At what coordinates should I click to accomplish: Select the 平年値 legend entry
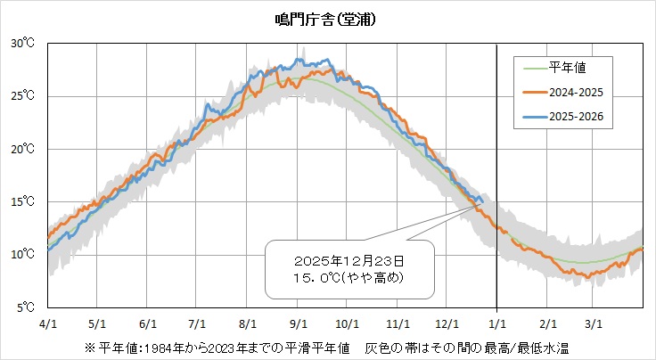(567, 67)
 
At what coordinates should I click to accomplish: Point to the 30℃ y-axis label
(23, 43)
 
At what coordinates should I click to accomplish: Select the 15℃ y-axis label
(23, 202)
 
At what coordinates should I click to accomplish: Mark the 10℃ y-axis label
(23, 255)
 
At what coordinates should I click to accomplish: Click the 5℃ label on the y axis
(25, 308)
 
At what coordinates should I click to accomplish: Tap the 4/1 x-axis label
(48, 323)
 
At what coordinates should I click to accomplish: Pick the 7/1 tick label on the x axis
(198, 323)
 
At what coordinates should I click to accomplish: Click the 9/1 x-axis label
(299, 323)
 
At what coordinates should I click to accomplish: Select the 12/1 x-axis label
(448, 323)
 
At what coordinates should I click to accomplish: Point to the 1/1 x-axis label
(497, 323)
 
